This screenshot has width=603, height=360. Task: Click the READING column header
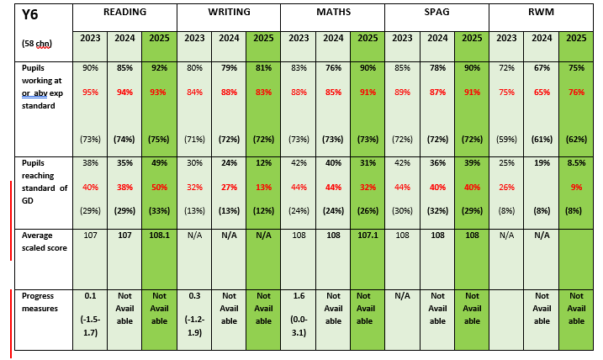pyautogui.click(x=124, y=13)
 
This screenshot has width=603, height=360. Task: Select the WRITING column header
pyautogui.click(x=229, y=13)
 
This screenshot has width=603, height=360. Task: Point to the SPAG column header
pyautogui.click(x=437, y=13)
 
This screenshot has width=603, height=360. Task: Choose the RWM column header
pyautogui.click(x=541, y=13)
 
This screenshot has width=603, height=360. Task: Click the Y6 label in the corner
pyautogui.click(x=30, y=14)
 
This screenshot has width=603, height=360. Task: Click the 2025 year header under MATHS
pyautogui.click(x=367, y=38)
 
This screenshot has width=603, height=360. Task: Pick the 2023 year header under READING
pyautogui.click(x=90, y=38)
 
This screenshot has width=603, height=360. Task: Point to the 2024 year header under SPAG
pyautogui.click(x=437, y=38)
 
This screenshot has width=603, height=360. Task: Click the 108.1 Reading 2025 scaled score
pyautogui.click(x=159, y=236)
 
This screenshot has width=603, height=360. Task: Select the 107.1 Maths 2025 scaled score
pyautogui.click(x=367, y=236)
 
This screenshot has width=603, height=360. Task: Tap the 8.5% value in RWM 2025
pyautogui.click(x=576, y=163)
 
